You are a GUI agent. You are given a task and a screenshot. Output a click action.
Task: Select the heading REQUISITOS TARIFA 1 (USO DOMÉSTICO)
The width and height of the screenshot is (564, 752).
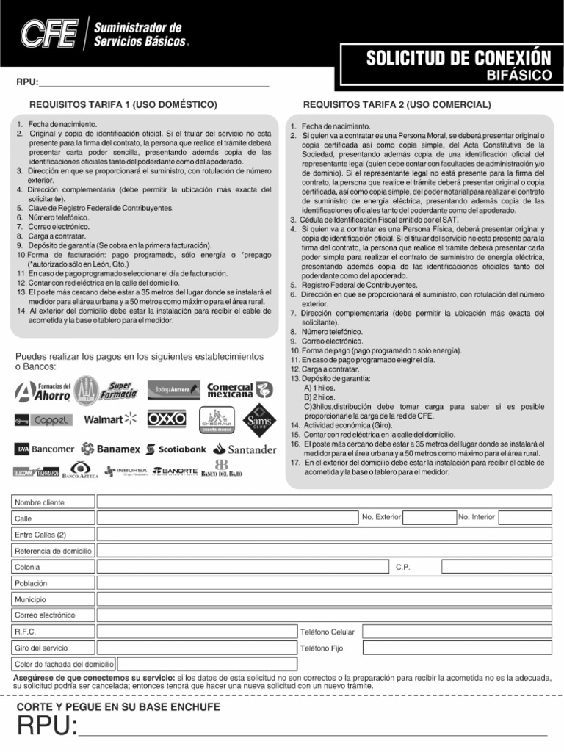123,105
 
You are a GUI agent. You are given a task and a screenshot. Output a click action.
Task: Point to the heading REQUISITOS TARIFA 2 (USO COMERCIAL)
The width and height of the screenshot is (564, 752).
397,105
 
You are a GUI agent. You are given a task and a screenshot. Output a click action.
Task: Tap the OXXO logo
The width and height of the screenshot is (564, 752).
167,419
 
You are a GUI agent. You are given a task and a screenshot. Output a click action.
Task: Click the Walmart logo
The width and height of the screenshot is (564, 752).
110,419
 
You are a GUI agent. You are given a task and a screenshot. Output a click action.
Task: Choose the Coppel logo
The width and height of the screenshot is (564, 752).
43,420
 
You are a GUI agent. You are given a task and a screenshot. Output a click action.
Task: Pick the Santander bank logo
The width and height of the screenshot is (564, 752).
245,449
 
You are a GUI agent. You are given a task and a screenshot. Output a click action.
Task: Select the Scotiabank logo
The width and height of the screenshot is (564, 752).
176,449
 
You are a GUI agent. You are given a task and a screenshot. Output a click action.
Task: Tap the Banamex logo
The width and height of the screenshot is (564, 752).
111,449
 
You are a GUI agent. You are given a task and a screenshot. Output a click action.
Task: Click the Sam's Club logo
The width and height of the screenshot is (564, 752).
259,419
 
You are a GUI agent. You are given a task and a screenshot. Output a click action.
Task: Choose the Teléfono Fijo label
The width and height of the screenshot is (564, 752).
321,648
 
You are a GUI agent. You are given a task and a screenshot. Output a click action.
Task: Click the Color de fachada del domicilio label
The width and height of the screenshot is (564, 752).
65,664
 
